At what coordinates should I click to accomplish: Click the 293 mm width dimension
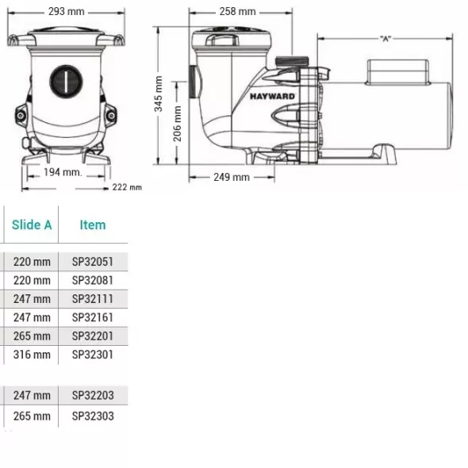67,12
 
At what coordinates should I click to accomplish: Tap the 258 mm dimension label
238,12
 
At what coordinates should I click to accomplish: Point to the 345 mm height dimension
158,94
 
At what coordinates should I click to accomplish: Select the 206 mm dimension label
177,124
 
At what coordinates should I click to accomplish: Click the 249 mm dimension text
232,178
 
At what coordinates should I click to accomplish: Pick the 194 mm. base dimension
63,172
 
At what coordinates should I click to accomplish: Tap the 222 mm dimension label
127,187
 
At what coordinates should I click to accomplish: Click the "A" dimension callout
386,39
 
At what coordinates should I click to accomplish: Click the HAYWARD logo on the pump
272,97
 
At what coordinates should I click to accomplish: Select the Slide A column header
32,224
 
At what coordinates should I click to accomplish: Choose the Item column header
93,224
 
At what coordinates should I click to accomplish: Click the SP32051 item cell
93,262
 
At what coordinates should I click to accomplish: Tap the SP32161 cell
93,317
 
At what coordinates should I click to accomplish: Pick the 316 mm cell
32,355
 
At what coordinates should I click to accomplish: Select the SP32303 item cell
93,416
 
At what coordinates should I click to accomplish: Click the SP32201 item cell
93,336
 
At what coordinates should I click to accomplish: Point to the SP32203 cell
93,396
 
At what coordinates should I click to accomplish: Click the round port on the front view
66,81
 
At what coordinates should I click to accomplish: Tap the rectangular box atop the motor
397,72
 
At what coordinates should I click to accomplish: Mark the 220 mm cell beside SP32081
32,280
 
